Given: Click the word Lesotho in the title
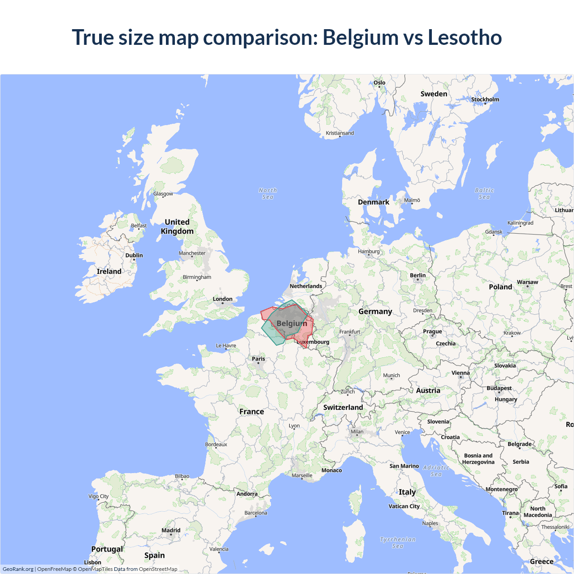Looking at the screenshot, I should [x=465, y=37].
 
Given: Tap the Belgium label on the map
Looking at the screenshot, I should [x=292, y=323].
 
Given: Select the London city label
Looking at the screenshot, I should [x=222, y=299].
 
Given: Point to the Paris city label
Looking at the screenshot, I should [x=258, y=359].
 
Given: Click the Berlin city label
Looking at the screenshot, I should [x=417, y=275].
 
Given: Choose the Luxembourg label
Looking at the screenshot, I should [x=313, y=342].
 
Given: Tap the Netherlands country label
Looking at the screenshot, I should [x=306, y=286].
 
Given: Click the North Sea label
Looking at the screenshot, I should [x=268, y=194].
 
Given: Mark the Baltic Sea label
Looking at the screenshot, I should [x=484, y=194].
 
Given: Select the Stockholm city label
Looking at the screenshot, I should [x=485, y=100].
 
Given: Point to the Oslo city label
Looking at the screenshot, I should [x=379, y=83].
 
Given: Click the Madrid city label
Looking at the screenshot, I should [x=171, y=531].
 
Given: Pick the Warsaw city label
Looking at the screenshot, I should [x=527, y=283].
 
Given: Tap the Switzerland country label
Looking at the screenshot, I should [x=343, y=407].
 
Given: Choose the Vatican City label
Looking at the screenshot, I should [x=404, y=506].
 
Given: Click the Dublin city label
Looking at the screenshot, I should [x=134, y=256].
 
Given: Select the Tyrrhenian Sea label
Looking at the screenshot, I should [x=398, y=543].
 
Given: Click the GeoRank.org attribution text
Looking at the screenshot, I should [x=18, y=569].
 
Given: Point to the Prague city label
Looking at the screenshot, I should [x=432, y=331].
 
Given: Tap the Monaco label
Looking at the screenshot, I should [x=331, y=470].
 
